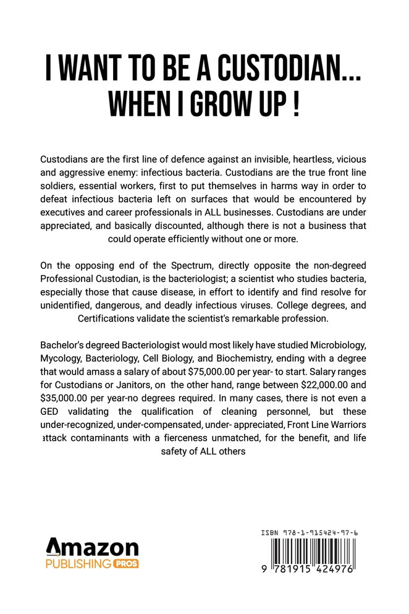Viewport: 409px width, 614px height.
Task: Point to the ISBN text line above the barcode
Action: click(305, 531)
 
